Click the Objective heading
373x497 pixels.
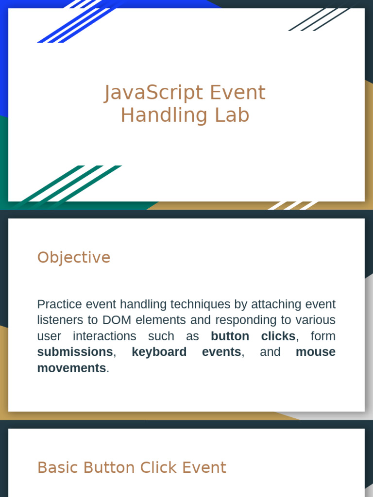(74, 257)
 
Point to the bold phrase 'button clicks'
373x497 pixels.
(253, 336)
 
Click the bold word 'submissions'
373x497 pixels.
(75, 352)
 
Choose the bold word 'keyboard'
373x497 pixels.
(159, 352)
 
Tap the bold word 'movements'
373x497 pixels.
(71, 368)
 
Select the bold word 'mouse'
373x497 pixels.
(315, 352)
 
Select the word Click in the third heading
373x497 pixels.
(159, 467)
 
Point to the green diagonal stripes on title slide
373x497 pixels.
(73, 184)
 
